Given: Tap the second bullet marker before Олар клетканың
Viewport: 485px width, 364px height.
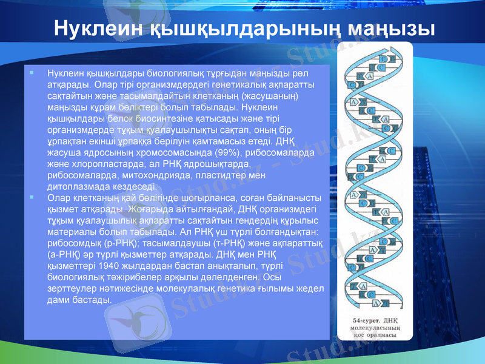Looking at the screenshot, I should (x=32, y=198).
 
